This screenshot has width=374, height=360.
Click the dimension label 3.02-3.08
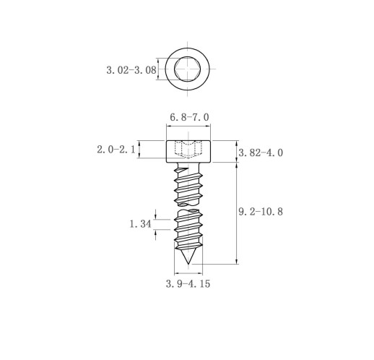(x=131, y=70)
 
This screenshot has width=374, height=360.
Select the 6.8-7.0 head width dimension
(x=189, y=117)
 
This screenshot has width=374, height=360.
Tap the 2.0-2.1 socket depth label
(x=116, y=150)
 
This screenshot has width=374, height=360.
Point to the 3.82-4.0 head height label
(x=261, y=153)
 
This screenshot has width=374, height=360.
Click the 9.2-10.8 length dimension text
(x=261, y=212)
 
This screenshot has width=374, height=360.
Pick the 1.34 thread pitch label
(x=141, y=224)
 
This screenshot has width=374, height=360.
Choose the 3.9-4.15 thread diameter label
(x=188, y=283)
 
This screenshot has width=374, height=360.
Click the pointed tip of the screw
(x=188, y=264)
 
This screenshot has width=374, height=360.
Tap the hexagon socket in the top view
(x=188, y=69)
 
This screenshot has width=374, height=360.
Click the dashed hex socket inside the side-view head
(x=188, y=149)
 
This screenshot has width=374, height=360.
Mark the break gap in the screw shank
(x=188, y=207)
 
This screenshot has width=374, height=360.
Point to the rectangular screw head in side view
(x=188, y=151)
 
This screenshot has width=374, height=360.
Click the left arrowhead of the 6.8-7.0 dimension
(x=168, y=126)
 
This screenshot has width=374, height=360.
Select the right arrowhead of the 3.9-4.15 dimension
(x=200, y=273)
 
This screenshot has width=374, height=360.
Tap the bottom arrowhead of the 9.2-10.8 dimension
(x=237, y=262)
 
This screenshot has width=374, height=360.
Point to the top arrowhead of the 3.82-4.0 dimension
(x=237, y=143)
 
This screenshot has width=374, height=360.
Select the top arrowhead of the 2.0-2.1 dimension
(x=139, y=143)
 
